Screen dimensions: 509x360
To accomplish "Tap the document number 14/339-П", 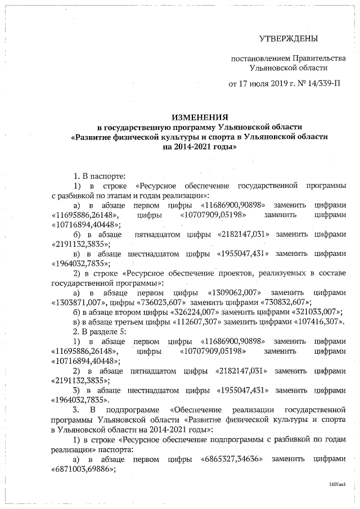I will [318, 84].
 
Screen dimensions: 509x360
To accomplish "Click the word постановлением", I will [260, 58].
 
